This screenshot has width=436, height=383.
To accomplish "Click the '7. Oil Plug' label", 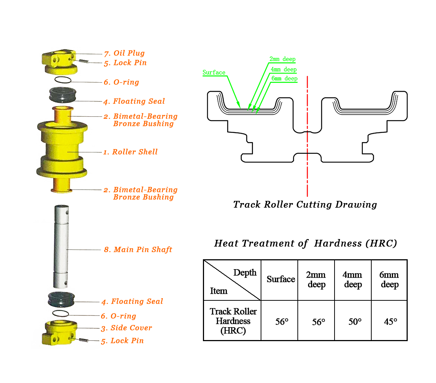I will pos(125,54).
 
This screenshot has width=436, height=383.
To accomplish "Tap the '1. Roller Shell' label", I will pos(131,152).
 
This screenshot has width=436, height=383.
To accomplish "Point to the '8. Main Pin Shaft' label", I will pos(138,250).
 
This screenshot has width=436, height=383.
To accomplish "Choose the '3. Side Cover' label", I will pos(127,328).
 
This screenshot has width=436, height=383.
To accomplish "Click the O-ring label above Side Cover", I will pos(119,316).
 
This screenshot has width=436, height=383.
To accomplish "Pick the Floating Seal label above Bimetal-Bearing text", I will pos(134,102).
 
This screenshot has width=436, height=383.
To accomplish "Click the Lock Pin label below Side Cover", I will pos(123,341).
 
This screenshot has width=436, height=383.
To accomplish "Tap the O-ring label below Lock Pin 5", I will pos(122,83).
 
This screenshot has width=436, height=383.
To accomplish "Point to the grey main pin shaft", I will pos(61,246).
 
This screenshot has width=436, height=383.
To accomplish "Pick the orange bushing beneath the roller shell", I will pos(61,185).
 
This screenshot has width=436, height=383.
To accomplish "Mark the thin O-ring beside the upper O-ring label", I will pos(63,80).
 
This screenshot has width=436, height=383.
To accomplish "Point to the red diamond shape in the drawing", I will pos(307,142).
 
